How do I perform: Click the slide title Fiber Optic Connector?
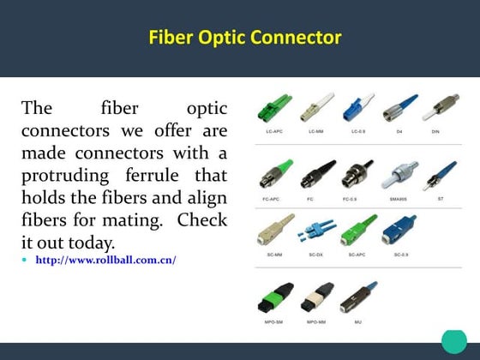pos(244,38)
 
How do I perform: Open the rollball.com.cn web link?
pos(105,259)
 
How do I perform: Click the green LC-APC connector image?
pos(276,110)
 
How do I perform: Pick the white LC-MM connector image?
pos(315,109)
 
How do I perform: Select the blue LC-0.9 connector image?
pos(358,110)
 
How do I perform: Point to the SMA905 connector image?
pos(399,176)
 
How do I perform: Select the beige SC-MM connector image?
pos(273,231)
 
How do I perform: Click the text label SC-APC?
pos(357,255)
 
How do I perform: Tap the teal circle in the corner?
pos(453,340)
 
